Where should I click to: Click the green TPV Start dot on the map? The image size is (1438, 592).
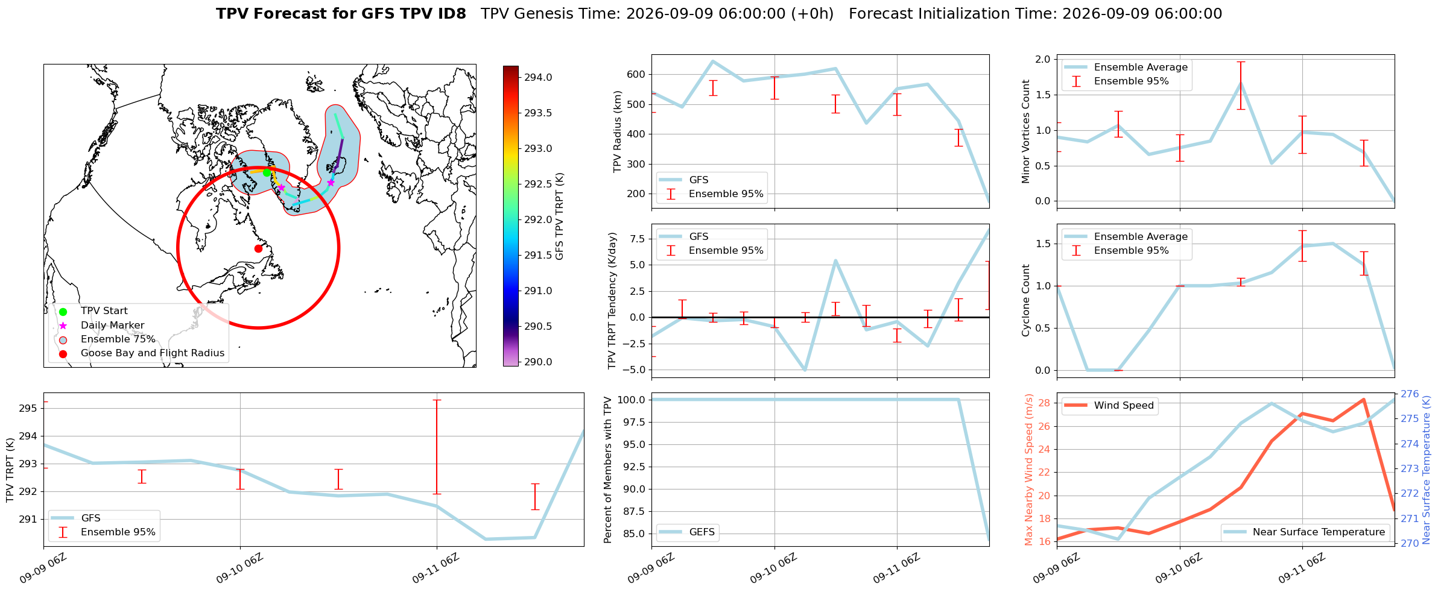267,173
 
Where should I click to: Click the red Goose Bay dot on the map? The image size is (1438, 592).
258,248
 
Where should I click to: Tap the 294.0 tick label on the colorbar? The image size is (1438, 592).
538,78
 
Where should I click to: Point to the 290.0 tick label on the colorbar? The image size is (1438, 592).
538,362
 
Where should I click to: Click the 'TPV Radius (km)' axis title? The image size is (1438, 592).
617,131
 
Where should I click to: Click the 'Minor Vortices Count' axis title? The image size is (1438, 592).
1025,131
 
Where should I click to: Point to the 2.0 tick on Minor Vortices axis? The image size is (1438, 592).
1043,59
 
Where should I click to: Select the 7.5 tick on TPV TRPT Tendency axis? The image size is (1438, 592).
638,239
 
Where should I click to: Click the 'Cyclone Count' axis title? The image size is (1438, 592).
1025,300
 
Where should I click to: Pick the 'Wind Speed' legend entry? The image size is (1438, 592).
1124,406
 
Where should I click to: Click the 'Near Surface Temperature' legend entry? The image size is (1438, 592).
1319,532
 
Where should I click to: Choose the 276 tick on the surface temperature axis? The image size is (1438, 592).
1410,394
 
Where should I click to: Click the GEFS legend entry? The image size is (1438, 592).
702,532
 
